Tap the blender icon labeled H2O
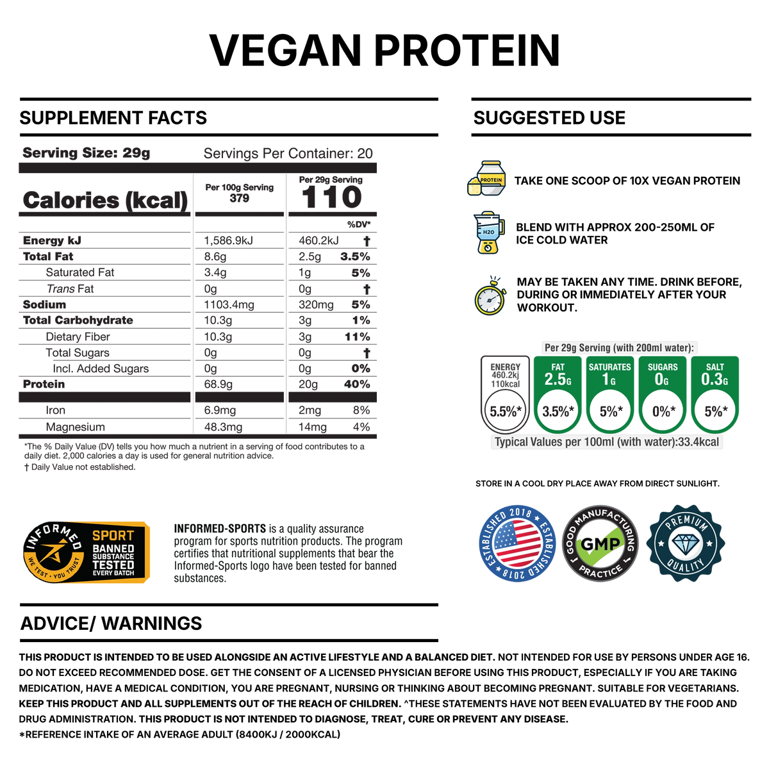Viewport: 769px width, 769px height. click(488, 233)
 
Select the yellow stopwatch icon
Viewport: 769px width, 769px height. click(490, 297)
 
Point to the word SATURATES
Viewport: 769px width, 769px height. click(609, 367)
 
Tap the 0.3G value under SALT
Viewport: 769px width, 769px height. click(715, 379)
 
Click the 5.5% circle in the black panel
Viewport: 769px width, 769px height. click(505, 410)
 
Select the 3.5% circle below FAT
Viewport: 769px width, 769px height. click(557, 410)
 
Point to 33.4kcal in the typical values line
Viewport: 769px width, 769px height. click(699, 442)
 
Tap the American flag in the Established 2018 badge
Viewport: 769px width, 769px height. click(518, 543)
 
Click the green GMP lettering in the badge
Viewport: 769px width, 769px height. click(600, 545)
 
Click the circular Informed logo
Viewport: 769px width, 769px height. click(54, 552)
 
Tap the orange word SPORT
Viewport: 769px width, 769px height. click(113, 535)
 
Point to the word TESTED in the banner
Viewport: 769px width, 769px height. click(113, 565)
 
